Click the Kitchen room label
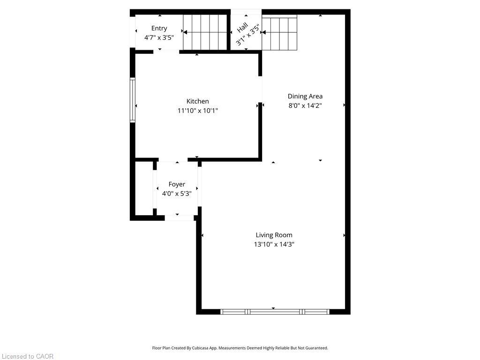pos(197,101)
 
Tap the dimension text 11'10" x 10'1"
pos(197,111)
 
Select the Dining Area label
pos(305,96)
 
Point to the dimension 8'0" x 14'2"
pos(305,106)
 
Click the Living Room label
pos(274,235)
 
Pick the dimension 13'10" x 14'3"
pos(274,244)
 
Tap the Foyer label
pos(177,184)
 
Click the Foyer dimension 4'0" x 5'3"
pos(177,193)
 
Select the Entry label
pos(159,29)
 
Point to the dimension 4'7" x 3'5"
pos(159,37)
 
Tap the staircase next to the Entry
pos(204,32)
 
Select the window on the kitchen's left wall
pos(133,100)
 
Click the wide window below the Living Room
pos(275,311)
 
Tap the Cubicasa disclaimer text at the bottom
pos(240,348)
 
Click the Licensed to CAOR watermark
pos(27,356)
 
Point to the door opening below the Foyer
pos(179,217)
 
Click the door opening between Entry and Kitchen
pos(166,51)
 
